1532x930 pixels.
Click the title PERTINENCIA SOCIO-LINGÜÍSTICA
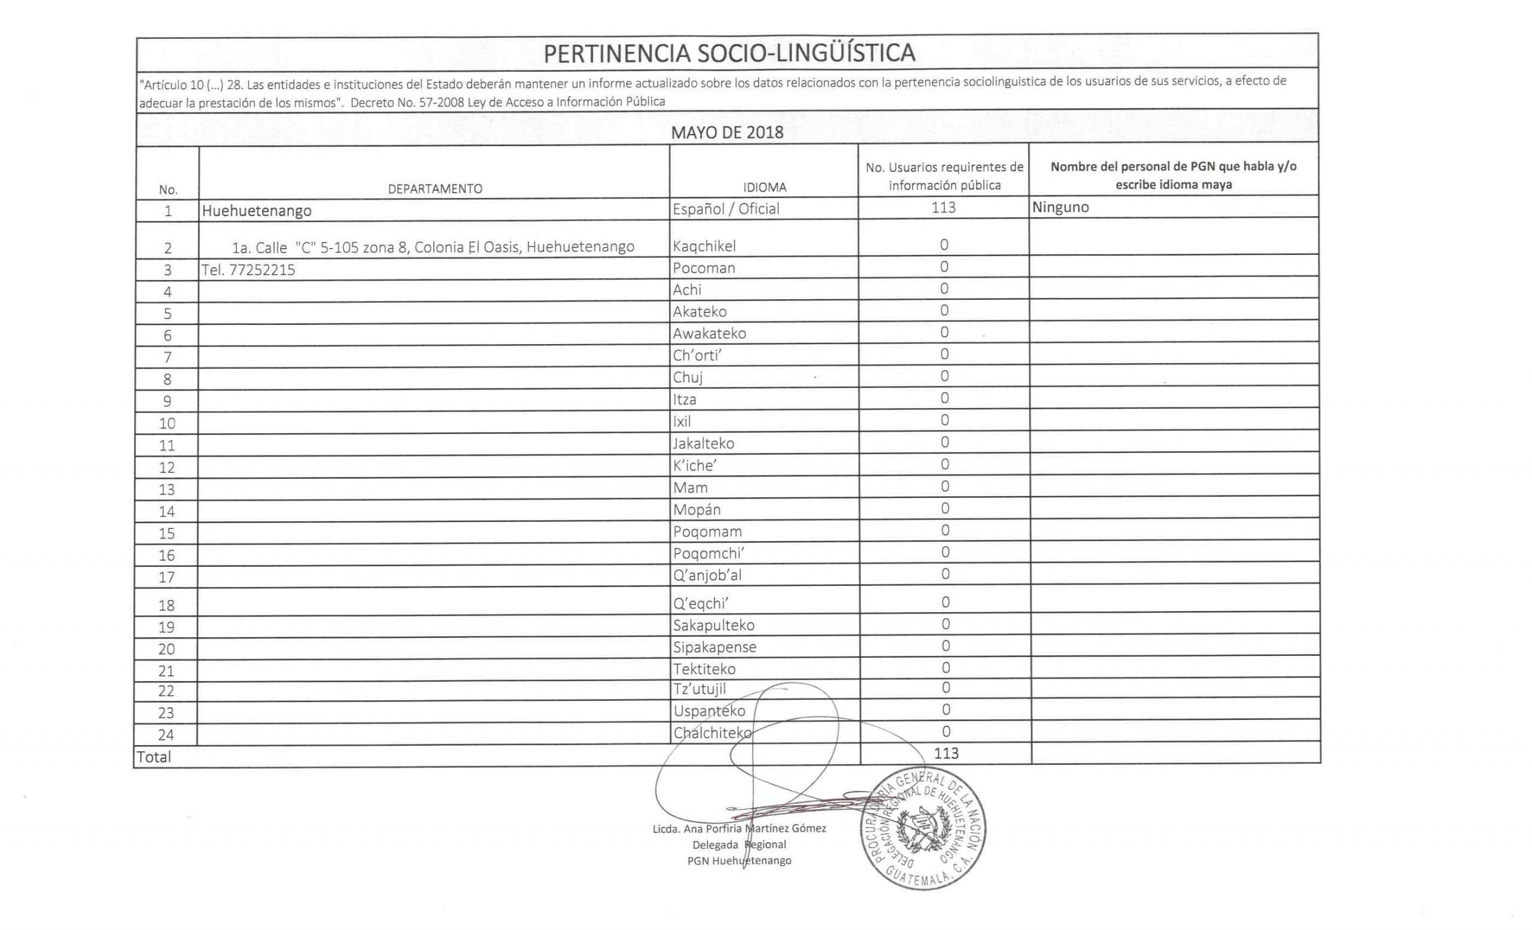(x=729, y=53)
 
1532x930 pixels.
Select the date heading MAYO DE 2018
(x=727, y=132)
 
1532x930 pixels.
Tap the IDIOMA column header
(x=764, y=187)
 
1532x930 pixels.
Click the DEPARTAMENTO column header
(x=434, y=189)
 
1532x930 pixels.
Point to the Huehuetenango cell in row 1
(x=256, y=211)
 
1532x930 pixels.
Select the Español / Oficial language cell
(x=725, y=209)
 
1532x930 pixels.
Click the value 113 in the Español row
(x=943, y=208)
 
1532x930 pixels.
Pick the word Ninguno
(x=1060, y=207)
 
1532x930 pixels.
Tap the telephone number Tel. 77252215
(x=248, y=270)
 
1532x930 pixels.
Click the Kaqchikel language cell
(x=704, y=246)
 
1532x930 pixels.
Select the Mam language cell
(x=690, y=487)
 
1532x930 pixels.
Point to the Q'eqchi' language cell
(x=700, y=604)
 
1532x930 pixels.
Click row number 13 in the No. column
(x=166, y=490)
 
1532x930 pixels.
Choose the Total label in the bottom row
(x=154, y=756)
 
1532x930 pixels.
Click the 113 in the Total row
(x=946, y=753)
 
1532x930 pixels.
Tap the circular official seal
(x=923, y=828)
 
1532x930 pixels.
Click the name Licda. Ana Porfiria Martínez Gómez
(x=738, y=829)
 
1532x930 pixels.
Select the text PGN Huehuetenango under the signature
(x=738, y=861)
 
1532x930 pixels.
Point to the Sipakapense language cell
(x=715, y=647)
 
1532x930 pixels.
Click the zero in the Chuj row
(x=944, y=376)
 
